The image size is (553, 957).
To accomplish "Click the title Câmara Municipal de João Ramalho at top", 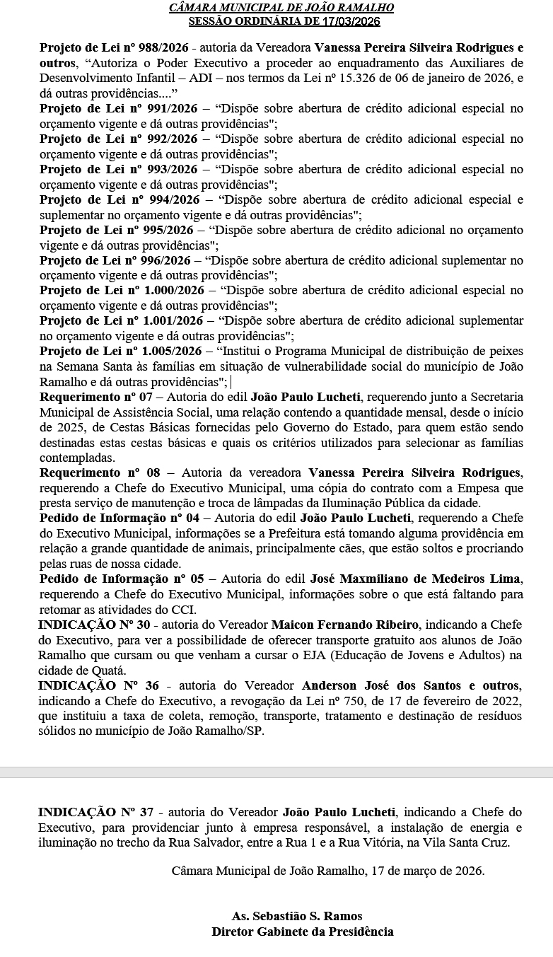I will tap(281, 8).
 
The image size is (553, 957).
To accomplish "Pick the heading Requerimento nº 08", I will tap(100, 472).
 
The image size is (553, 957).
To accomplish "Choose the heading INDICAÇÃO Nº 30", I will tap(94, 625).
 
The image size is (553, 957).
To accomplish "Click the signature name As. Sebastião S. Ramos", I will tap(297, 917).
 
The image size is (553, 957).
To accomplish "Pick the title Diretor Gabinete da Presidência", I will tap(302, 932).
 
